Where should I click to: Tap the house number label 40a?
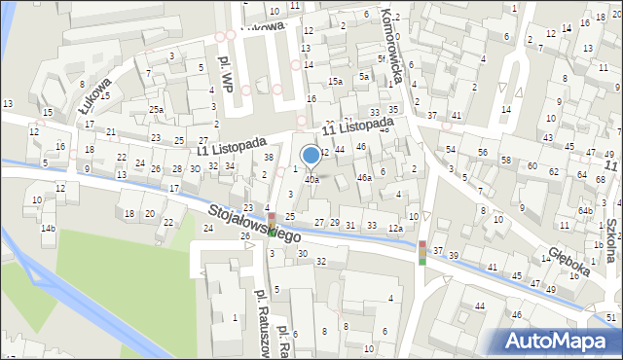click(311, 179)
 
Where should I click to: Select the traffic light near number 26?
click(273, 225)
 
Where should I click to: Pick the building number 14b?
click(48, 229)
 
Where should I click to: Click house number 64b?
click(585, 211)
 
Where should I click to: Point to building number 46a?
click(364, 178)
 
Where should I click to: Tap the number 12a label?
click(394, 229)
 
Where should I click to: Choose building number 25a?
click(156, 110)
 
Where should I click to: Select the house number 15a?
click(334, 81)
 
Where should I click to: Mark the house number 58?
click(506, 159)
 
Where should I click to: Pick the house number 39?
click(453, 255)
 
